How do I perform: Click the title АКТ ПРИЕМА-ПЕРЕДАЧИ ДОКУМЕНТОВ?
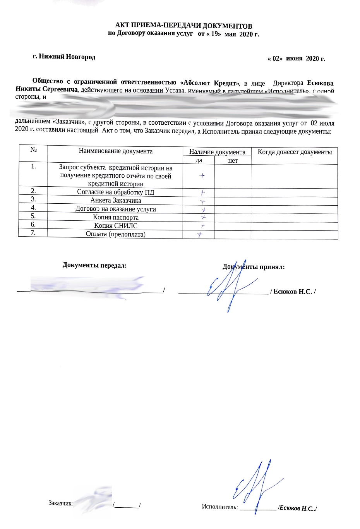point(184,26)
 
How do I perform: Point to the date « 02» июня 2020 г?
point(297,59)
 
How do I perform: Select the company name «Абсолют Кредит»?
point(209,83)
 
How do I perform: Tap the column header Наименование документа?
point(115,151)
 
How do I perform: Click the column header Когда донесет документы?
point(295,152)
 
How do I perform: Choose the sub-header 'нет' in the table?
point(233,160)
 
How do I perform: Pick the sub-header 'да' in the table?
point(199,160)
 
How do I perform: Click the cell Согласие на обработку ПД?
point(115,192)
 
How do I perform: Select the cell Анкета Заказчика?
point(115,201)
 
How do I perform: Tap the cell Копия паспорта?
point(115,217)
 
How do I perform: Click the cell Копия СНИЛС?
point(115,226)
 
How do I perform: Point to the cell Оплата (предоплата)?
point(115,234)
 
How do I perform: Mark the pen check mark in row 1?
point(202,176)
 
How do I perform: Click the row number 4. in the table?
point(33,208)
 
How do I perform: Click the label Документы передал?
point(94,266)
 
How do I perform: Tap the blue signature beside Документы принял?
point(231,287)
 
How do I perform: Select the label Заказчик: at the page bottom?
point(60,503)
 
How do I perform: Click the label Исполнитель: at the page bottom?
point(219,507)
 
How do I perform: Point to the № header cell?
point(33,149)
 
